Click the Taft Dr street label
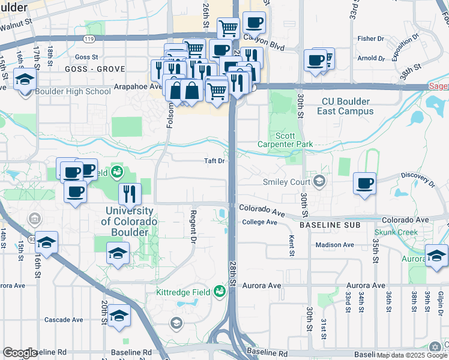click(x=214, y=161)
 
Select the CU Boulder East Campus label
click(x=348, y=106)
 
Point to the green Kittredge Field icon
click(x=220, y=292)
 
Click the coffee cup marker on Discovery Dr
click(x=364, y=183)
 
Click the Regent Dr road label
click(x=193, y=227)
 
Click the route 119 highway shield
click(x=89, y=38)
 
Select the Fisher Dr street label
click(x=366, y=38)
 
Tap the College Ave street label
click(x=259, y=222)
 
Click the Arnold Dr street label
click(x=370, y=58)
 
